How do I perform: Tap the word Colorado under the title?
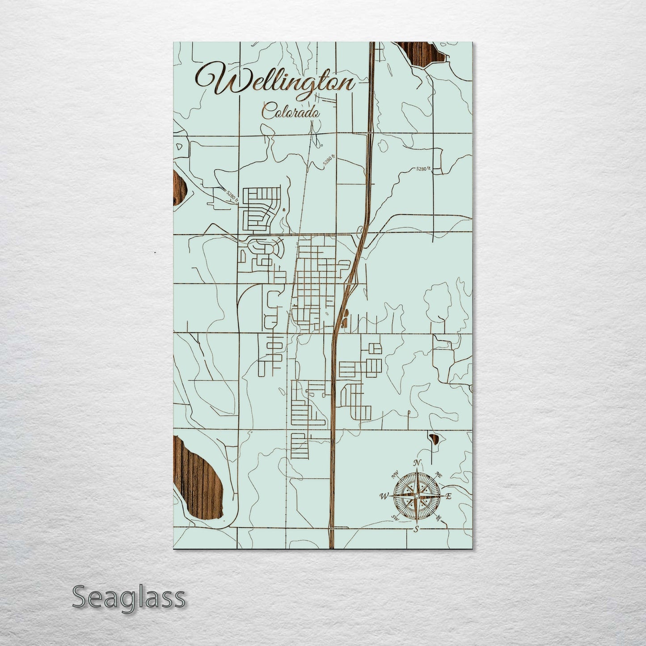tap(291, 111)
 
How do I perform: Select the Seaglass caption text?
tap(128, 597)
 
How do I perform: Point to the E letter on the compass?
tap(449, 496)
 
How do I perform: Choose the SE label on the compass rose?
tap(439, 517)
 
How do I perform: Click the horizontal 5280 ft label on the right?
tap(422, 169)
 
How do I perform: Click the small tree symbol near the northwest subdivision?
tap(284, 209)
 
